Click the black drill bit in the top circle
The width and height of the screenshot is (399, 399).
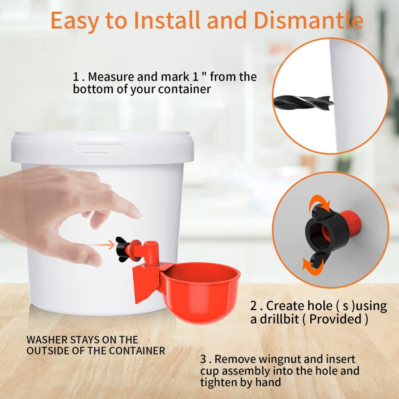(x=304, y=102)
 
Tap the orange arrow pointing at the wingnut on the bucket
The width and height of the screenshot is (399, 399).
(x=102, y=245)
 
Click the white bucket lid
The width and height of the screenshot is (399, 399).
(x=102, y=148)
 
